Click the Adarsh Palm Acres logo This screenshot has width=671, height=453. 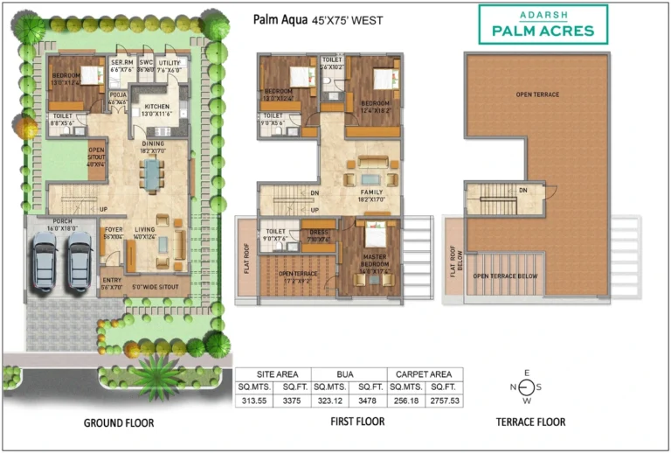coord(543,24)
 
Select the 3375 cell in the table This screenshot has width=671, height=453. coord(293,401)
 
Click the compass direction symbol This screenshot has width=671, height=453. coord(526,387)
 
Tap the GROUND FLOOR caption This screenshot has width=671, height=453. coord(120,422)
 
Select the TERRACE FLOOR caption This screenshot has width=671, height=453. coord(529,422)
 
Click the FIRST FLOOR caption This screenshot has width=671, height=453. coord(357,422)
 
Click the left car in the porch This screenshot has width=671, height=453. coord(45,260)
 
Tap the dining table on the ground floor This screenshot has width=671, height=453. coord(154,173)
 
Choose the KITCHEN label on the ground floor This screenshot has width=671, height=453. coord(156,107)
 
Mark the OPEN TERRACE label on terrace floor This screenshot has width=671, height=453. coord(537,94)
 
